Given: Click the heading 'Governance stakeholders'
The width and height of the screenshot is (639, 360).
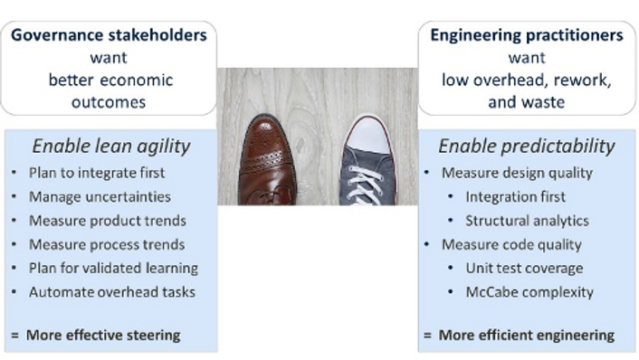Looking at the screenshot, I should pyautogui.click(x=109, y=36).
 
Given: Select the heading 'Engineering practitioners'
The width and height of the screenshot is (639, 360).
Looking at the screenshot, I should pyautogui.click(x=527, y=36).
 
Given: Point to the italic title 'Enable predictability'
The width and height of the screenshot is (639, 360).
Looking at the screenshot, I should pyautogui.click(x=527, y=147).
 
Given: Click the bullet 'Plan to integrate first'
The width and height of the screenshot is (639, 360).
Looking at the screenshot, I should pyautogui.click(x=97, y=172).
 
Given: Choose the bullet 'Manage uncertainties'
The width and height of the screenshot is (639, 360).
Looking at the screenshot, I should pyautogui.click(x=100, y=196).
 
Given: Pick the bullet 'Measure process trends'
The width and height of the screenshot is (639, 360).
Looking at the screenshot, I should pyautogui.click(x=106, y=244).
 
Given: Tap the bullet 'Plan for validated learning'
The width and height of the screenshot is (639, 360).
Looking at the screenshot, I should pyautogui.click(x=113, y=268).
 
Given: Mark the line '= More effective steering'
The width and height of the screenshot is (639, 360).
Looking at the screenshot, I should pyautogui.click(x=95, y=335).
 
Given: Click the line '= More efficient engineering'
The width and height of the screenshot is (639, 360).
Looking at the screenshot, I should pyautogui.click(x=519, y=335).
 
